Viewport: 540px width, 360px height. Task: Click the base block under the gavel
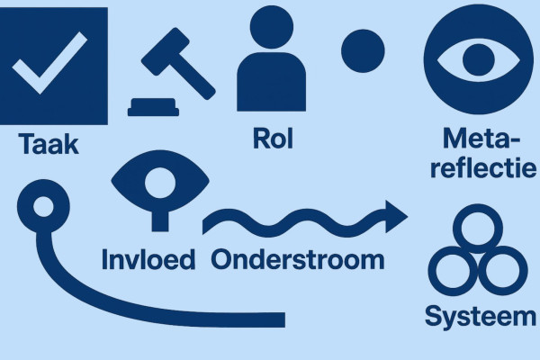(x=160, y=108)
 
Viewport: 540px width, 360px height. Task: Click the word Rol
(x=274, y=139)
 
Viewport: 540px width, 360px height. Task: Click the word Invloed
(x=149, y=259)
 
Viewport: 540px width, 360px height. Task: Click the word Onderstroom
(x=298, y=259)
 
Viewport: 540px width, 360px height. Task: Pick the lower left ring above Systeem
(x=451, y=268)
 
